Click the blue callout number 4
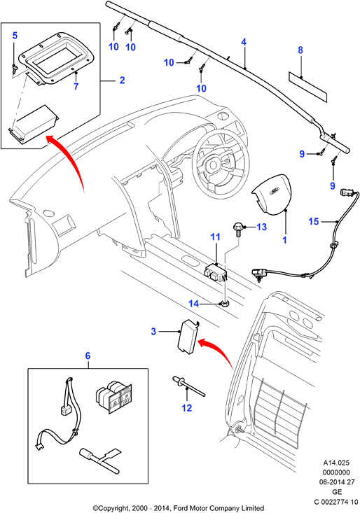pos(243,42)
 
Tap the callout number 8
pos(300,50)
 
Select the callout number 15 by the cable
pos(314,221)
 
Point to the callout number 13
pos(262,227)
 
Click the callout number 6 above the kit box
pos(88,356)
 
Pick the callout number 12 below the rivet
pos(186,407)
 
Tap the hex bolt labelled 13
pos(238,230)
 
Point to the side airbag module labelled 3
pos(188,337)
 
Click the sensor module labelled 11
pos(215,272)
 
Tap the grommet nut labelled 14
pos(225,304)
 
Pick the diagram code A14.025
pos(336,463)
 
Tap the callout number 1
pos(284,240)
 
